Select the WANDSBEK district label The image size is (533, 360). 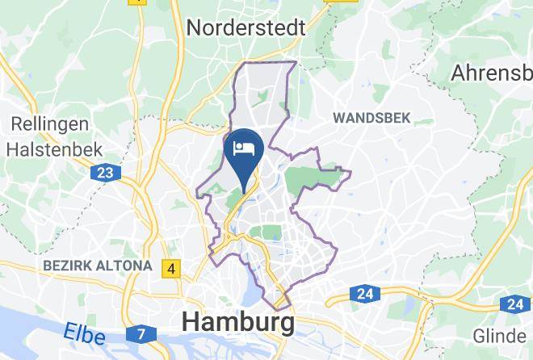point(371,118)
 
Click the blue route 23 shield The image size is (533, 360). point(105,173)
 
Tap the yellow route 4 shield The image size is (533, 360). point(170,268)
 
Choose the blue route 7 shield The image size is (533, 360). point(141,333)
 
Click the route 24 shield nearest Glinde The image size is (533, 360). point(514,304)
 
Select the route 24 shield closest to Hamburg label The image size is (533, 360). point(366,293)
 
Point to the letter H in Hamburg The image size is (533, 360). point(192,322)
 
